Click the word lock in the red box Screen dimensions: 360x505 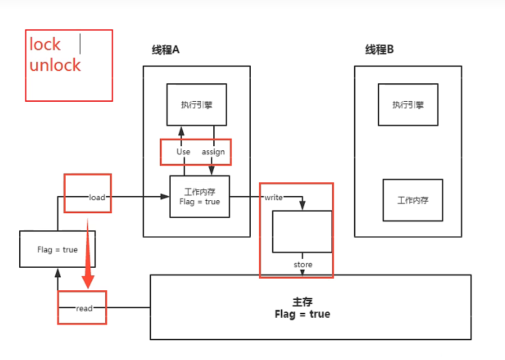coord(45,44)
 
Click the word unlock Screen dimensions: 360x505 coord(55,66)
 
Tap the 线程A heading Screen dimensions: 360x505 coord(165,50)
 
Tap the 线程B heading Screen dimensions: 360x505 coord(379,50)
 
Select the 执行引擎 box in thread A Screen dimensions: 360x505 coord(197,105)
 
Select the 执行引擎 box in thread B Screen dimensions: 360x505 coord(408,105)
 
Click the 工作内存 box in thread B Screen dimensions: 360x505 coord(413,200)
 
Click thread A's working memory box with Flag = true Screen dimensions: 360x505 coord(200,197)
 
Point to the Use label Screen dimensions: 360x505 coord(183,152)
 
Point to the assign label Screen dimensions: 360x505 coord(213,152)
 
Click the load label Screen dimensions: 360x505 coord(97,197)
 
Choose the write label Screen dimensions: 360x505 coord(274,197)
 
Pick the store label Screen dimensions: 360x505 coord(303,264)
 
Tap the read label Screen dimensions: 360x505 coord(84,308)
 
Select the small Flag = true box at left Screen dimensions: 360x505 coord(57,249)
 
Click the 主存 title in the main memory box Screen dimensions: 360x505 coord(301,301)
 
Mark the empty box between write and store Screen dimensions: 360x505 coord(302,232)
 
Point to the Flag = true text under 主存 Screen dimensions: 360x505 coord(301,314)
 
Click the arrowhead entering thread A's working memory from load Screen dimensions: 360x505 coord(165,197)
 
